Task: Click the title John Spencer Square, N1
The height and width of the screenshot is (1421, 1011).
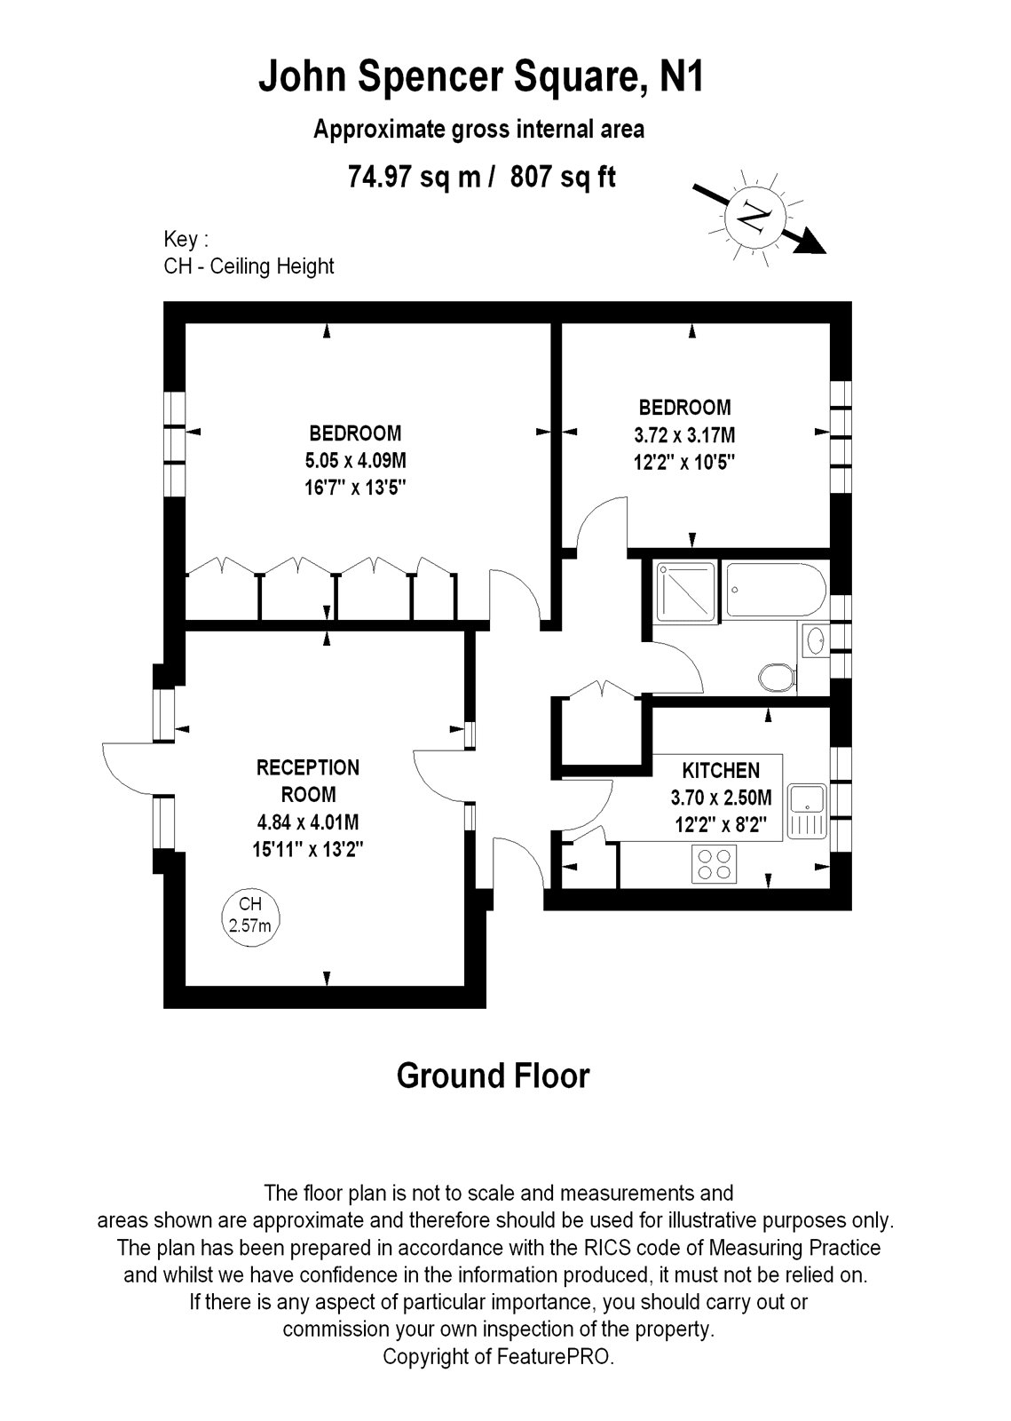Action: click(480, 78)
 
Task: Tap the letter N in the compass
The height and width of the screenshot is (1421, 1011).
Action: click(754, 215)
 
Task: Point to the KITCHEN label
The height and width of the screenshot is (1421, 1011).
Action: click(721, 770)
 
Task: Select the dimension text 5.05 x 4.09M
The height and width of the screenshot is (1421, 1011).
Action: click(355, 460)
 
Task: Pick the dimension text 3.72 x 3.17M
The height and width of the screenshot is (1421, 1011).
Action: click(684, 435)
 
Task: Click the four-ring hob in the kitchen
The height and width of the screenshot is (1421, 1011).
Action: click(715, 864)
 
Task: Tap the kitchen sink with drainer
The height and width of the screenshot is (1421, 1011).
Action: click(807, 811)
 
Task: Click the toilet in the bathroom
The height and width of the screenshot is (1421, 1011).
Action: click(777, 677)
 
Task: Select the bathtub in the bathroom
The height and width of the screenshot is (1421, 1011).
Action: click(775, 589)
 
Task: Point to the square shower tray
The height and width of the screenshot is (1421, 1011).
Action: click(684, 591)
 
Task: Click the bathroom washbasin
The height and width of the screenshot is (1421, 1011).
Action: click(815, 639)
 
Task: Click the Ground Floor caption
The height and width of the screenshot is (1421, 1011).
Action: click(493, 1076)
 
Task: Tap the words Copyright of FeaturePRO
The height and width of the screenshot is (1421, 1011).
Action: click(498, 1356)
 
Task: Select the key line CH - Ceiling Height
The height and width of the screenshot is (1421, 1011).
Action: click(249, 266)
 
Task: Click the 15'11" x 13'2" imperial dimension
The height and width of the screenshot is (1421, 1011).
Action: click(308, 849)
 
